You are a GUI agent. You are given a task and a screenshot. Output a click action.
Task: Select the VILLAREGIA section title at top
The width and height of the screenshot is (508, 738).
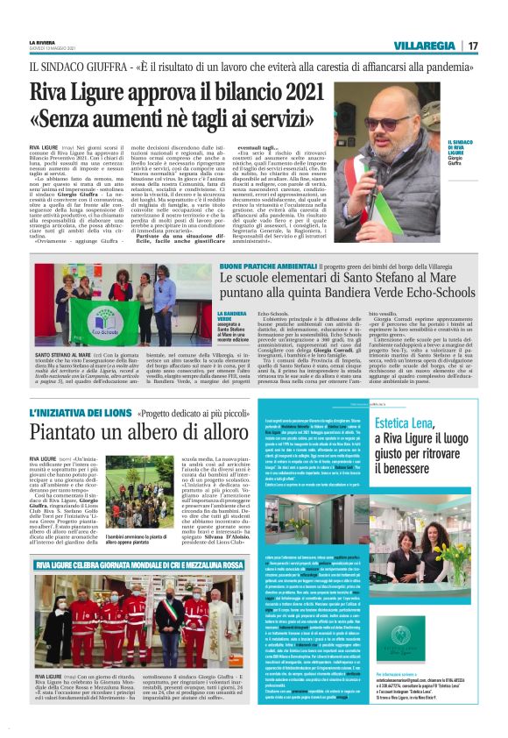tap(424, 46)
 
